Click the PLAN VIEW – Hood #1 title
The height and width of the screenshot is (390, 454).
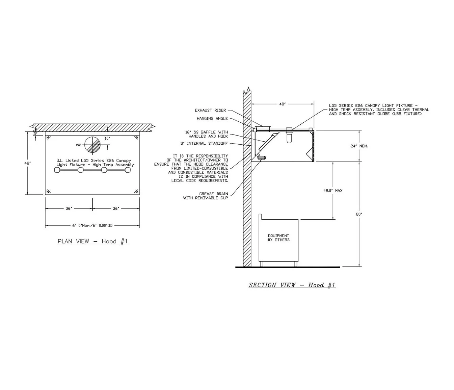pos(93,241)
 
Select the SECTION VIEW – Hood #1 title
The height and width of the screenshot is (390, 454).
pos(292,285)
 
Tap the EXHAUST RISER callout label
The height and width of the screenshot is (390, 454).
pos(208,110)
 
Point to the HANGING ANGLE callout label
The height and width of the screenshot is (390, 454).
pos(212,119)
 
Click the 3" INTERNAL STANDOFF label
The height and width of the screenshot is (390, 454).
pos(204,143)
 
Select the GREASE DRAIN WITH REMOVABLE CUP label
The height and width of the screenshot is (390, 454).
pos(205,196)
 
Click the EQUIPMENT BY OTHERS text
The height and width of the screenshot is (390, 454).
pos(278,238)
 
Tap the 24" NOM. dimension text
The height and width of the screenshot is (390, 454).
pos(359,146)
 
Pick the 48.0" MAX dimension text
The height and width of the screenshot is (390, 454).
pos(333,191)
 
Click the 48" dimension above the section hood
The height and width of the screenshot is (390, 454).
pos(283,104)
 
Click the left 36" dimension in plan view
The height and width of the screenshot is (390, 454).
pos(69,209)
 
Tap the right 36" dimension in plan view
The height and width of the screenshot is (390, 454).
pos(116,209)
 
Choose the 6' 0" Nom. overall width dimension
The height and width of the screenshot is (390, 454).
pos(92,225)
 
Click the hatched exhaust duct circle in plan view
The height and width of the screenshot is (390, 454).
pos(92,145)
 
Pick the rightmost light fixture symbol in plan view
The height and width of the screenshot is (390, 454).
pos(128,170)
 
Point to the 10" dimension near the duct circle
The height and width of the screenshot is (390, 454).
pos(107,138)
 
